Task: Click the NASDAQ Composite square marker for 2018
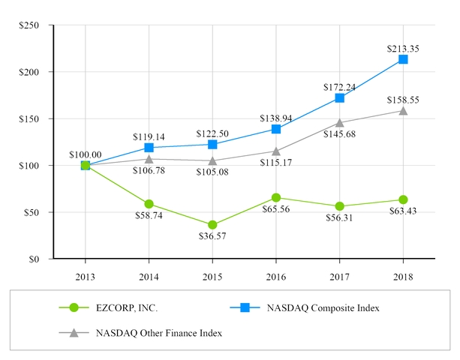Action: click(403, 59)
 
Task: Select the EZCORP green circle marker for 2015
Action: click(212, 225)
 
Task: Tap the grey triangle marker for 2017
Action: click(339, 122)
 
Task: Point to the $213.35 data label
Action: click(403, 48)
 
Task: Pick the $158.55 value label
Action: click(403, 99)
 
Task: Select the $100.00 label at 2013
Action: click(85, 154)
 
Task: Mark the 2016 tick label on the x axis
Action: click(276, 275)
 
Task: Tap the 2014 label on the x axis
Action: click(149, 275)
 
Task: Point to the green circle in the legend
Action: click(74, 307)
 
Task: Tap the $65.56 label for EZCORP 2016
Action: click(276, 210)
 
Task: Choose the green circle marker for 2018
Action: click(403, 199)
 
